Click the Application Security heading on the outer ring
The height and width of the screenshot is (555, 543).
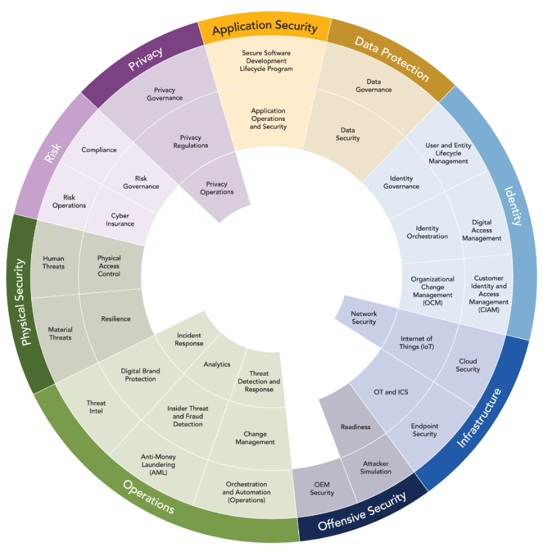click(265, 27)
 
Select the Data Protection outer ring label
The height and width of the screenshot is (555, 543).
click(392, 59)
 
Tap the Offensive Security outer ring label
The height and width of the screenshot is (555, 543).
click(362, 511)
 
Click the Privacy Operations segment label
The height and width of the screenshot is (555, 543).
click(217, 188)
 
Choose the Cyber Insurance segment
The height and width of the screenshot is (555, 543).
click(119, 220)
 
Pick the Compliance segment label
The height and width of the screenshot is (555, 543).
click(99, 150)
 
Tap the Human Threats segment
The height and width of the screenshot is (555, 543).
click(54, 262)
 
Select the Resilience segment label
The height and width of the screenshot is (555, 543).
click(116, 319)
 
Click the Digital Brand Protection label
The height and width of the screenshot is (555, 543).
click(140, 375)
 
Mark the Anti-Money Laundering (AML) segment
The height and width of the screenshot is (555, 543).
click(158, 465)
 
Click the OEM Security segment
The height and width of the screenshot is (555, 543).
click(322, 489)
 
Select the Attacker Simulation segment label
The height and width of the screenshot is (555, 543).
click(376, 467)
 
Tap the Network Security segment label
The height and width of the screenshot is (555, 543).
click(363, 318)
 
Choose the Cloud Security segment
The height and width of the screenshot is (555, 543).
click(468, 365)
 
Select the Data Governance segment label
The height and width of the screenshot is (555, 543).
click(373, 85)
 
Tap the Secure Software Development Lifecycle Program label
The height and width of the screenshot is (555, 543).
click(266, 61)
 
